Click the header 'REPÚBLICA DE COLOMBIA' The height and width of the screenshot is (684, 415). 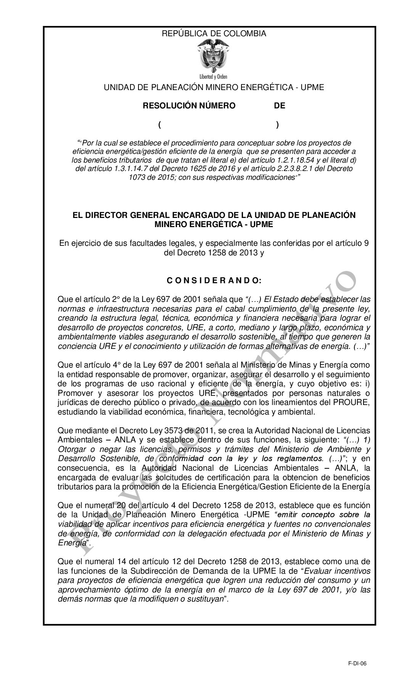pyautogui.click(x=214, y=34)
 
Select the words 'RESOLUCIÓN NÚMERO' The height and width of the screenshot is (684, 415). pyautogui.click(x=189, y=106)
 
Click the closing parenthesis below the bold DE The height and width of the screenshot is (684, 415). pyautogui.click(x=277, y=125)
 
